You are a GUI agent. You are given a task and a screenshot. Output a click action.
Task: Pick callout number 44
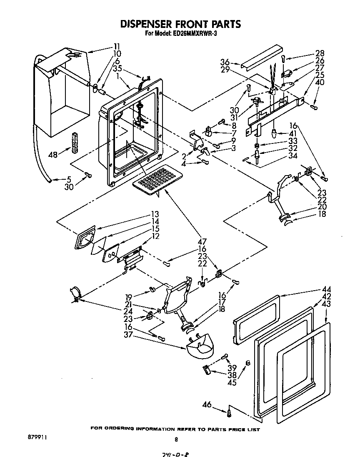coord(326,289)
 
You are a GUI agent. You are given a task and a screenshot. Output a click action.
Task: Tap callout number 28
coord(320,53)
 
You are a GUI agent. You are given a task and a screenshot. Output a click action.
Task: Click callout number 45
coord(232,382)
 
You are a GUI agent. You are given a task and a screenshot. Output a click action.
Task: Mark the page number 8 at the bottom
coord(176,439)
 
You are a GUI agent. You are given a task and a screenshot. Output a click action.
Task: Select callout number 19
coord(129,297)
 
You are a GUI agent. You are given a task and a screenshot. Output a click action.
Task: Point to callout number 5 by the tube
coord(70,180)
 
